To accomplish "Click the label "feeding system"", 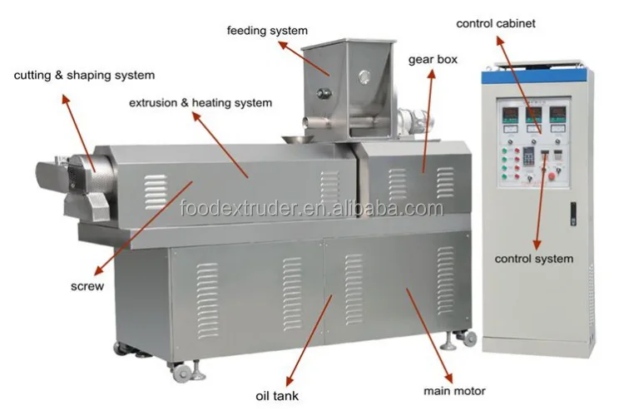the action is pyautogui.click(x=267, y=31).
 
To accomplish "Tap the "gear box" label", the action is pyautogui.click(x=433, y=60).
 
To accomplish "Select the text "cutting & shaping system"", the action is pyautogui.click(x=84, y=75).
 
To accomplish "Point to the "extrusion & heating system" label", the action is pyautogui.click(x=201, y=103).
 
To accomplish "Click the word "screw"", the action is pyautogui.click(x=87, y=286).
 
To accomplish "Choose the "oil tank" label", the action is pyautogui.click(x=277, y=396).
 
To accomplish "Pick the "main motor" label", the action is pyautogui.click(x=454, y=391).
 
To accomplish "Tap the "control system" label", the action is pyautogui.click(x=533, y=259).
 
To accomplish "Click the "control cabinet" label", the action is pyautogui.click(x=496, y=24).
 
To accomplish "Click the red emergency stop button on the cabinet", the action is pyautogui.click(x=552, y=176).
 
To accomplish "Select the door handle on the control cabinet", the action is pyautogui.click(x=573, y=214).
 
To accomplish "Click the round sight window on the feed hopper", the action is pyautogui.click(x=364, y=77).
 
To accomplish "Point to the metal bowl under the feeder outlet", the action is pyautogui.click(x=298, y=139).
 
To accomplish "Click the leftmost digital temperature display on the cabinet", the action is pyautogui.click(x=509, y=115).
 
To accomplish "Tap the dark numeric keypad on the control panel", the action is pyautogui.click(x=528, y=156).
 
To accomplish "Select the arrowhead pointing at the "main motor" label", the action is pyautogui.click(x=448, y=378).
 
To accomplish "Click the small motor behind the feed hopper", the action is pyautogui.click(x=414, y=120).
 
